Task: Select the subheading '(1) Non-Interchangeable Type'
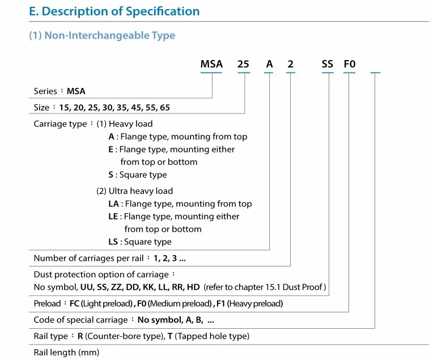[x=102, y=35]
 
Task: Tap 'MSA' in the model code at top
[x=211, y=64]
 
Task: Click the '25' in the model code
[x=243, y=64]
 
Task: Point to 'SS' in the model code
[x=328, y=64]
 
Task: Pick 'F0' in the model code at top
[x=350, y=64]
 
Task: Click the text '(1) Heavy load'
[x=124, y=124]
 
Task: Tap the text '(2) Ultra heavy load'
[x=134, y=191]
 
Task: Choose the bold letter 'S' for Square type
[x=111, y=175]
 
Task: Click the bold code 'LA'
[x=114, y=204]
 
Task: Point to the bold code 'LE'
[x=113, y=217]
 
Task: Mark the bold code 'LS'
[x=113, y=242]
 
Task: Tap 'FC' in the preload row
[x=74, y=304]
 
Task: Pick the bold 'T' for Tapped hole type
[x=170, y=336]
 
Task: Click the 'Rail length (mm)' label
[x=66, y=353]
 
